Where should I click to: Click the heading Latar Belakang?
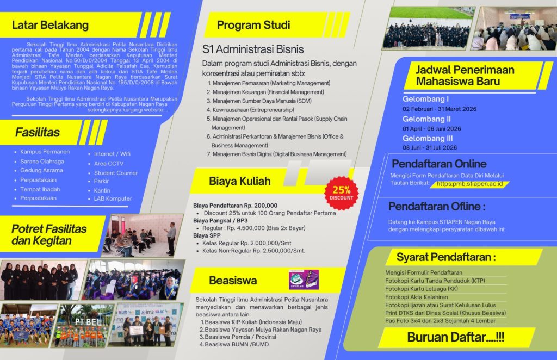coord(50,25)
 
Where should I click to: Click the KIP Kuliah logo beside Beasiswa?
coord(304,280)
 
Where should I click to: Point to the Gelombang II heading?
coord(427,119)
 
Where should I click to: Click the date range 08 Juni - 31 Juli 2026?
coord(430,147)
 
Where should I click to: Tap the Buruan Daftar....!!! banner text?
coord(456,337)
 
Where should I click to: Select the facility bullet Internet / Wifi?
coord(112,154)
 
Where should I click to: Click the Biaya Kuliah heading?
coord(239,181)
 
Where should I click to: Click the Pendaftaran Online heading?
coord(439,164)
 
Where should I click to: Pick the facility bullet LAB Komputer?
coord(113,199)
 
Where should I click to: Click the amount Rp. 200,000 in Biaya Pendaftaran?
coord(260,205)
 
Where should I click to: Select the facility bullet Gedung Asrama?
coord(42,170)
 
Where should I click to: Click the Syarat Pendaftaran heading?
coord(446,257)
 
